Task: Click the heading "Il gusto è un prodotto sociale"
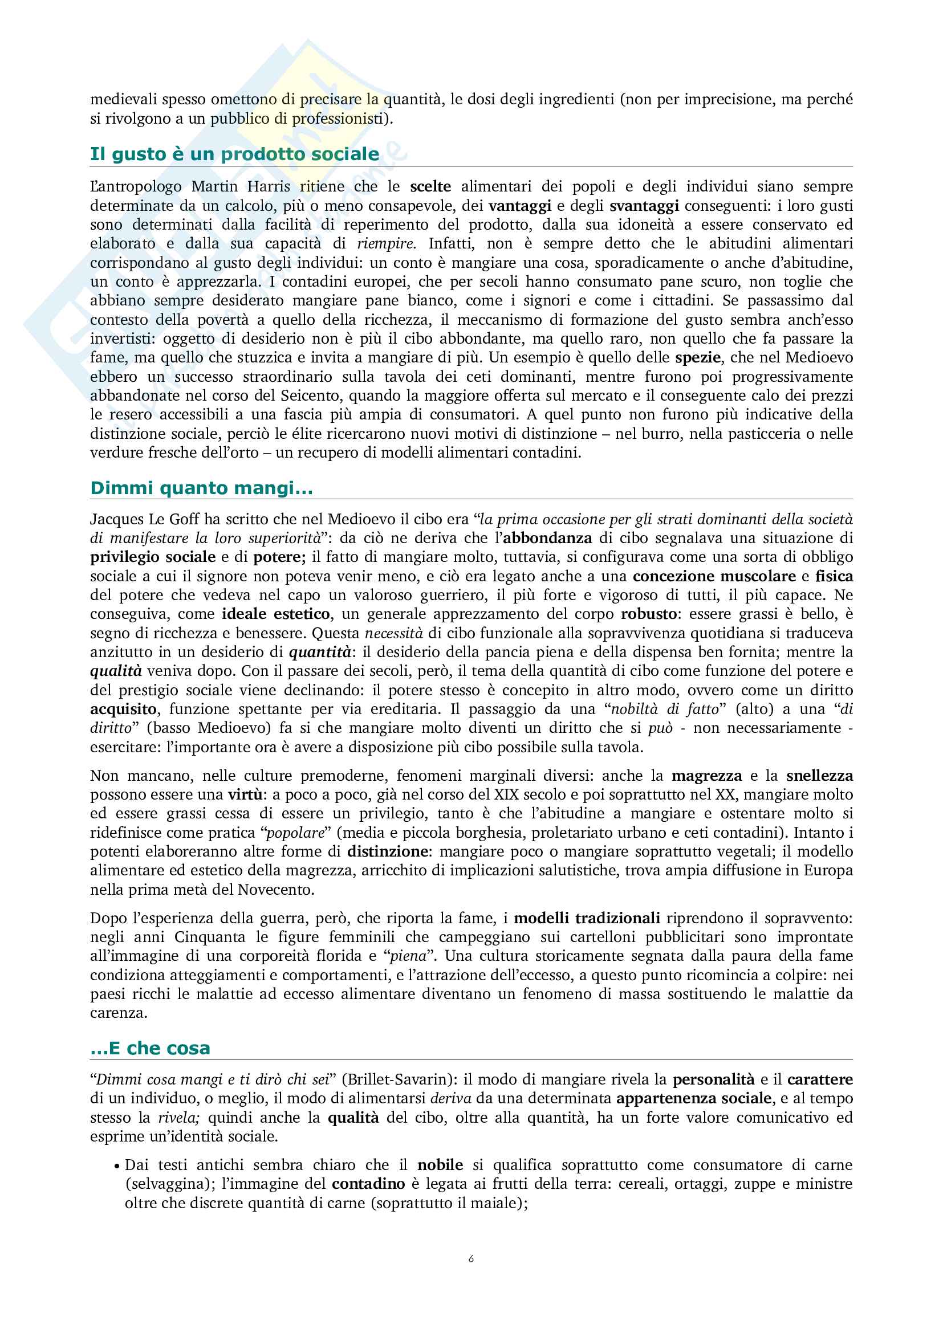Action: pyautogui.click(x=234, y=154)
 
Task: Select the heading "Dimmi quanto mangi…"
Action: pyautogui.click(x=201, y=488)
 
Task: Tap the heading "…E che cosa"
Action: pyautogui.click(x=150, y=1048)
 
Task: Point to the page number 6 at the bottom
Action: pyautogui.click(x=471, y=1259)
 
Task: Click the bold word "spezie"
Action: pyautogui.click(x=697, y=358)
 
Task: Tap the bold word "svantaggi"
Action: pyautogui.click(x=644, y=206)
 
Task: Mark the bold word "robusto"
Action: pyautogui.click(x=649, y=614)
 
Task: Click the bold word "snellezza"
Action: pyautogui.click(x=819, y=776)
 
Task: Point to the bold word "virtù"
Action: pyautogui.click(x=244, y=795)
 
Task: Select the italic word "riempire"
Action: pyautogui.click(x=385, y=243)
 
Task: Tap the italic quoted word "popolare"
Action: pyautogui.click(x=294, y=833)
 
